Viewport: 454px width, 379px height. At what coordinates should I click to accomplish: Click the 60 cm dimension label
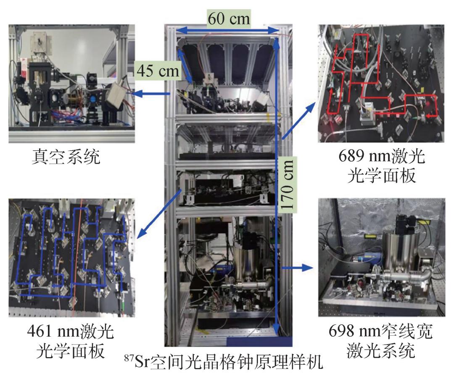(229, 18)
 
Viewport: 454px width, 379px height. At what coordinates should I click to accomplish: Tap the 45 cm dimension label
(158, 70)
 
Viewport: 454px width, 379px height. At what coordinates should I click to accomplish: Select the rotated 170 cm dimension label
(287, 185)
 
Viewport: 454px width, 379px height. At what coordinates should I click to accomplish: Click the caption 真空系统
(66, 157)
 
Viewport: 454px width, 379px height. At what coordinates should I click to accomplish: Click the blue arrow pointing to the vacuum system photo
(152, 93)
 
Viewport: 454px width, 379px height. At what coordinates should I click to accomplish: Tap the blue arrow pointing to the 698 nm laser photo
(298, 268)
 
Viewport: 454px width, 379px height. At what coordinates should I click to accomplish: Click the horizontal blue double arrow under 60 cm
(227, 30)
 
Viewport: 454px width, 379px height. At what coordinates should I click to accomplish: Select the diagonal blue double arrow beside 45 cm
(185, 66)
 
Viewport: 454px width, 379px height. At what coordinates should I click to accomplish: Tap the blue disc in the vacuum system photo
(93, 99)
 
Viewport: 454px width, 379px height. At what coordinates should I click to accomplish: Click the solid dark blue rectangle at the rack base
(259, 342)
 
